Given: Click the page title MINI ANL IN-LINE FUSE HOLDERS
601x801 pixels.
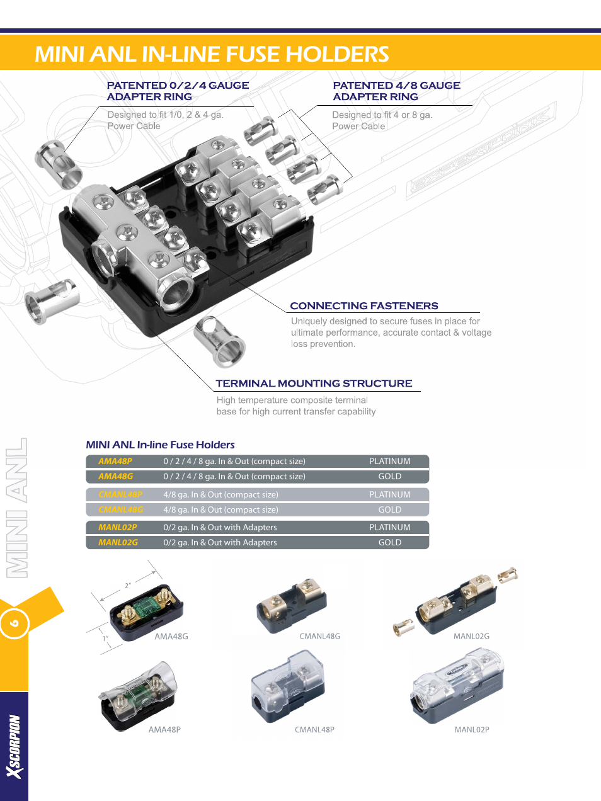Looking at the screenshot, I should [x=212, y=54].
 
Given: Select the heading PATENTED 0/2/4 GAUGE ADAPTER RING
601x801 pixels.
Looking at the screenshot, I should [x=178, y=91].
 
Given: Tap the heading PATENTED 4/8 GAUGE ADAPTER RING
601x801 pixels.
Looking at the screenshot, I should [x=396, y=91].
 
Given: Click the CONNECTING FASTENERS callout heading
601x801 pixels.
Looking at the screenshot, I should [x=363, y=306].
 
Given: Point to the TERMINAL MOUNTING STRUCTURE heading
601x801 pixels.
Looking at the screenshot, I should [x=314, y=383].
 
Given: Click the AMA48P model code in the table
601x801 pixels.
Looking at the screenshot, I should [x=115, y=462].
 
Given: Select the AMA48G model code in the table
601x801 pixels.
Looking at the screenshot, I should [x=116, y=477].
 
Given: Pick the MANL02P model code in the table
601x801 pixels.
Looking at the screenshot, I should [x=118, y=528].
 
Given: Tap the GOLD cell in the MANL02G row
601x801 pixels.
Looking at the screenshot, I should [x=389, y=543].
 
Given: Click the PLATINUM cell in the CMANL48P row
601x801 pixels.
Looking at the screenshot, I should [x=389, y=495].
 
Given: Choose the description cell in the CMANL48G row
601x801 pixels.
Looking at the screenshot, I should [x=220, y=510].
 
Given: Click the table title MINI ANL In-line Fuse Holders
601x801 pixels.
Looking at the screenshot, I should [x=160, y=445].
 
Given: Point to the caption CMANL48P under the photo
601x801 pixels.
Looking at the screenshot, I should [x=314, y=730].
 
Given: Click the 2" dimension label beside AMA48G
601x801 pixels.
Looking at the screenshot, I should [x=128, y=586].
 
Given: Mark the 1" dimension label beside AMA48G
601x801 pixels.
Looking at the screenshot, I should [x=106, y=639].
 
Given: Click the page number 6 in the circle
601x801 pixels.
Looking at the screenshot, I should [x=14, y=623].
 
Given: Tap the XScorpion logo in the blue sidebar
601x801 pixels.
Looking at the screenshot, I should [x=14, y=746].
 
